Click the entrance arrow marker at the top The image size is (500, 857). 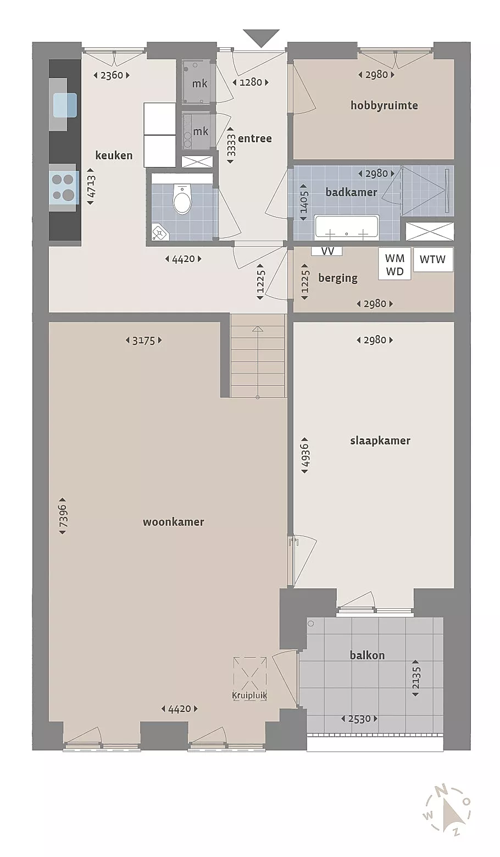click(x=262, y=38)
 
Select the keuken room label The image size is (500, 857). click(x=114, y=155)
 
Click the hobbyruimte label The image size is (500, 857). click(x=384, y=105)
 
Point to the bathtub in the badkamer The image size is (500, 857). click(x=347, y=227)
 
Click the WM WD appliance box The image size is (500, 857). click(x=395, y=264)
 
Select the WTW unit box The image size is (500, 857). click(x=432, y=259)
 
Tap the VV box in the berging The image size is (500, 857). click(x=327, y=252)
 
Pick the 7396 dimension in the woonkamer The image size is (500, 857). click(x=63, y=516)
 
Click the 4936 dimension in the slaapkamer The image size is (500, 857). click(x=305, y=455)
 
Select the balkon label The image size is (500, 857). click(x=367, y=655)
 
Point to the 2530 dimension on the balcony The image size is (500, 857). click(x=359, y=719)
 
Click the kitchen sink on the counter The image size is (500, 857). click(x=65, y=105)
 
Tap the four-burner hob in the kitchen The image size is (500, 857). click(x=64, y=187)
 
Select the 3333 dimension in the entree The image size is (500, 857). click(x=231, y=146)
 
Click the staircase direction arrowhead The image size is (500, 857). click(x=258, y=329)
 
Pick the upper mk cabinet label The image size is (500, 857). click(x=199, y=83)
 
